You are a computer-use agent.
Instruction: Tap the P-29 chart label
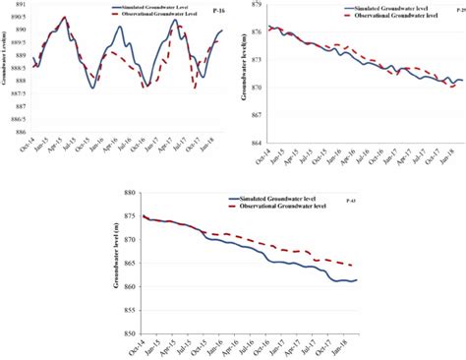459,12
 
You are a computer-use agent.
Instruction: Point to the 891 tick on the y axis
18,6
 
